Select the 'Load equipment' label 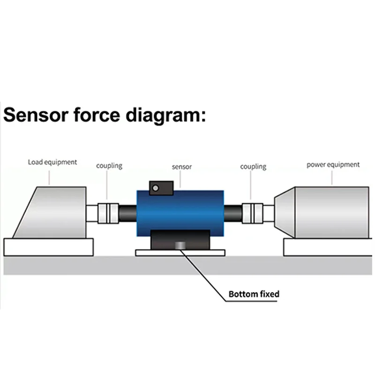coord(52,162)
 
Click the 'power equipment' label coord(333,165)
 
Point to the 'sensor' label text coord(182,166)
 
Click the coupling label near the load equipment coord(109,165)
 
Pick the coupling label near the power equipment coord(253,166)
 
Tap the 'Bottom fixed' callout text coord(254,294)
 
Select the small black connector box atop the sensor coord(160,187)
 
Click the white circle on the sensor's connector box coord(156,188)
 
